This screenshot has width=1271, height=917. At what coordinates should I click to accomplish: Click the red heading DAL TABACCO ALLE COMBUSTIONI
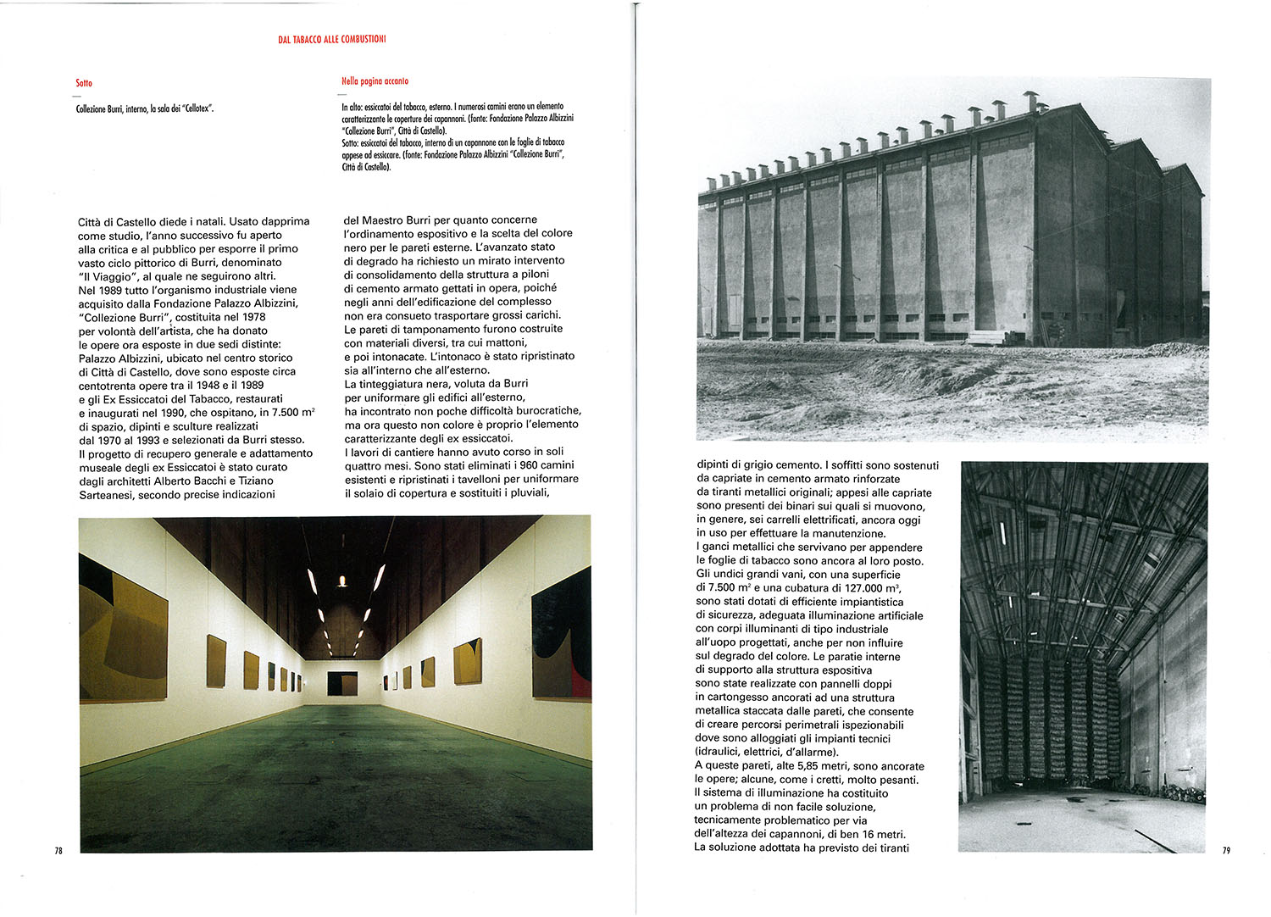coord(331,39)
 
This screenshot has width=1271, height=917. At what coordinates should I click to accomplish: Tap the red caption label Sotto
coord(83,83)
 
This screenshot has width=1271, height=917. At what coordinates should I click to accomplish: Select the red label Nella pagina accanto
coord(375,81)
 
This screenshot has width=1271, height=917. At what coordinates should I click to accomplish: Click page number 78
coord(58,851)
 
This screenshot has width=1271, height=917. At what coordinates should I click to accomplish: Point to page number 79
coord(1226,851)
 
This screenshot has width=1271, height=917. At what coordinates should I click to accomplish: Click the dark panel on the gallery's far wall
coord(342,683)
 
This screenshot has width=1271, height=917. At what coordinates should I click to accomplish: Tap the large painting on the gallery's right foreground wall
coord(561,634)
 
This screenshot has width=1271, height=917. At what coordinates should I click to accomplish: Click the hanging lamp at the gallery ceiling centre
coord(342,581)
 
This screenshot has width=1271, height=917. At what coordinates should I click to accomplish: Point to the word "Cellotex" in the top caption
coord(197,109)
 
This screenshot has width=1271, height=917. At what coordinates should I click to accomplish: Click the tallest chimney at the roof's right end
coord(1031,101)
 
